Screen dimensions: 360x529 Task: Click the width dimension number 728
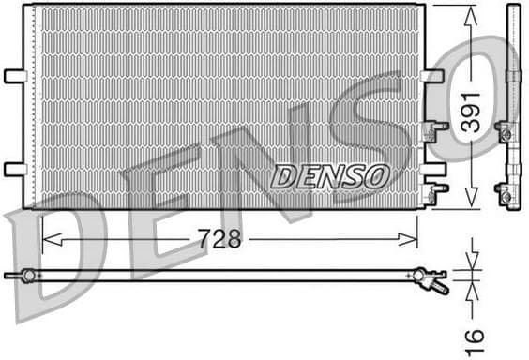219,239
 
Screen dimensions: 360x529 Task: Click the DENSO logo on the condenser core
330,175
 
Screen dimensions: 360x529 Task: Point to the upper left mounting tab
15,75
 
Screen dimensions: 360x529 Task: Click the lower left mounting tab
15,169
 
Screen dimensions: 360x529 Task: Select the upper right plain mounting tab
432,75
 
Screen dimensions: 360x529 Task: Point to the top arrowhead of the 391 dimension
470,12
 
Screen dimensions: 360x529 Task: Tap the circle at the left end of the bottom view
28,275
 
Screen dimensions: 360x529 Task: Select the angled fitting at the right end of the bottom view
431,278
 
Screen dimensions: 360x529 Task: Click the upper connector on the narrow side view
506,134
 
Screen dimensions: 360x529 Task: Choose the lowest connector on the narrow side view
506,195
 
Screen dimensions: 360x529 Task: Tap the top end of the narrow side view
512,8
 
